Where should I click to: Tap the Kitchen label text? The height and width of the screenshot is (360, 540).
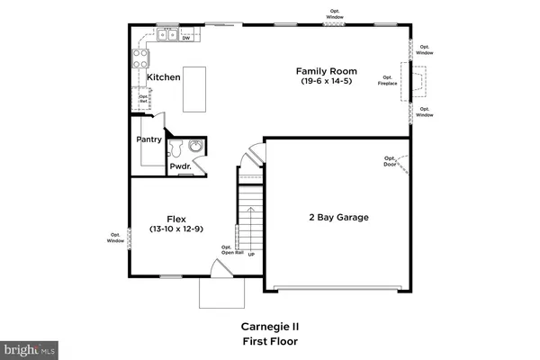164,77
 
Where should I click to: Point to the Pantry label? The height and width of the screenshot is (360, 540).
148,139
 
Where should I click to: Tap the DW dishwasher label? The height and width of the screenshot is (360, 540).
185,38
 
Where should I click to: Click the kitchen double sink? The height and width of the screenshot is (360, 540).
166,36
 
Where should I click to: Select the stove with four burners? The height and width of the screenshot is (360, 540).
142,58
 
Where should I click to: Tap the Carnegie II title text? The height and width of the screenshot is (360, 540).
269,327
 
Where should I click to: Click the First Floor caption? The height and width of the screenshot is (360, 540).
269,342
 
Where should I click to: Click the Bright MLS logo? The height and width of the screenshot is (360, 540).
30,347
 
